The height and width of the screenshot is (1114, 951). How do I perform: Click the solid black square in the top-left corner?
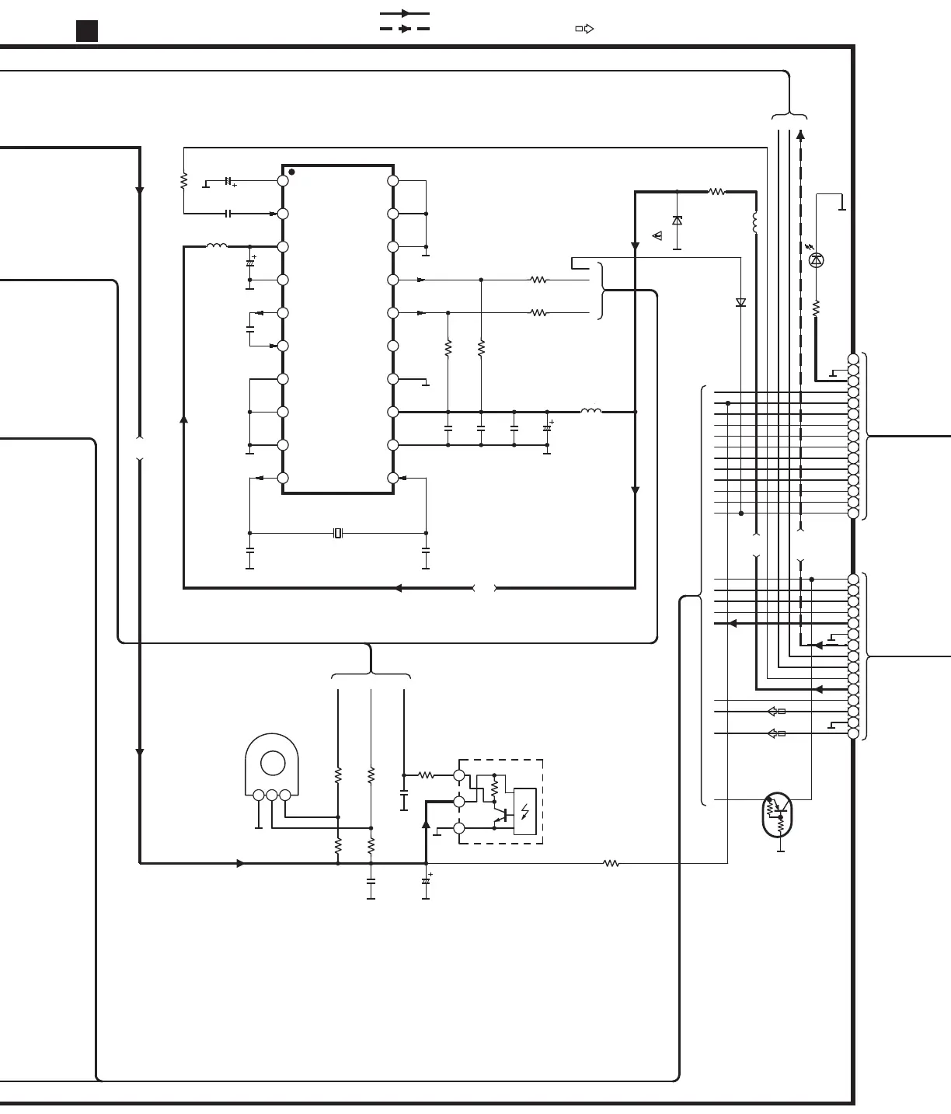point(87,31)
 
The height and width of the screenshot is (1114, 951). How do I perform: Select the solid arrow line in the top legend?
point(404,13)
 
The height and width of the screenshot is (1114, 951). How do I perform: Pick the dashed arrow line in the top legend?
point(404,29)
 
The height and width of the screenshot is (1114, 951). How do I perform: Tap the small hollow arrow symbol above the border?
point(585,29)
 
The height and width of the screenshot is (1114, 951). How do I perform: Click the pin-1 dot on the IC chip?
point(291,172)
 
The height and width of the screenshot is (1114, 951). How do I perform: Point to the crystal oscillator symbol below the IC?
point(337,533)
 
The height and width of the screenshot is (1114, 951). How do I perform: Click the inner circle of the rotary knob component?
point(273,763)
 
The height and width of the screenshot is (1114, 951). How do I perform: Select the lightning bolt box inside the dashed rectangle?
point(525,812)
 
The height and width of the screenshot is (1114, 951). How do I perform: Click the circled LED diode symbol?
point(816,260)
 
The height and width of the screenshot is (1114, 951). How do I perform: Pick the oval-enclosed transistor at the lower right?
point(777,815)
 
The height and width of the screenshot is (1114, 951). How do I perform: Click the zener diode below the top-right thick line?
point(677,221)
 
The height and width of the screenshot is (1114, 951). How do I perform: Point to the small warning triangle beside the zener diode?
point(657,235)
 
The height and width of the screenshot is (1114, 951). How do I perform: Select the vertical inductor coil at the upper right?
point(755,222)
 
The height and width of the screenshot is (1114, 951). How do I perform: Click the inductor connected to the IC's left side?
point(217,246)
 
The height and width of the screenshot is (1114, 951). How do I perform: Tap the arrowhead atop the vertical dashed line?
point(800,134)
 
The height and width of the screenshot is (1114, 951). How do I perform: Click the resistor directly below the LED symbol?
point(816,308)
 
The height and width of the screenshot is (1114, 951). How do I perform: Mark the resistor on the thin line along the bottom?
point(611,863)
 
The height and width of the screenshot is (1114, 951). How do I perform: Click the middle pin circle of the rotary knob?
point(272,795)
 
